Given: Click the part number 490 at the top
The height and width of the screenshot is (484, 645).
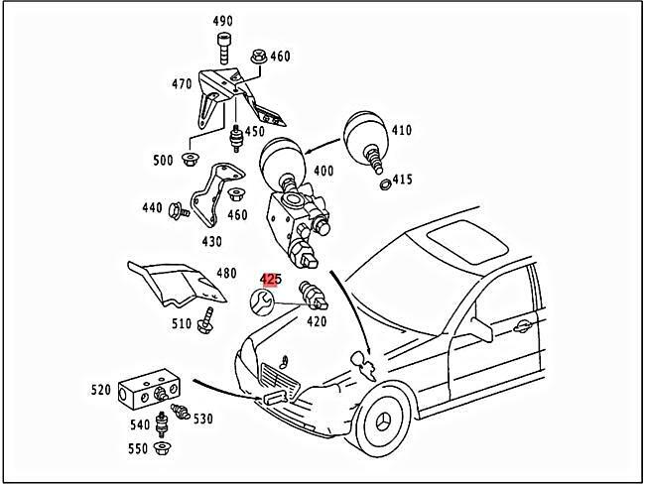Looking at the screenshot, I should pyautogui.click(x=222, y=22).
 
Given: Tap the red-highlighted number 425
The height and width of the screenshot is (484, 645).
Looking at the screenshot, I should pyautogui.click(x=271, y=280).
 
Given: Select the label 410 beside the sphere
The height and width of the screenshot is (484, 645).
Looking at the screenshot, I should pyautogui.click(x=401, y=129).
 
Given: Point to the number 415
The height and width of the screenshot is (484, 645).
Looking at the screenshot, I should pyautogui.click(x=401, y=180).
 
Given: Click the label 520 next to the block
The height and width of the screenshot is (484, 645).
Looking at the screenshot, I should pyautogui.click(x=101, y=390).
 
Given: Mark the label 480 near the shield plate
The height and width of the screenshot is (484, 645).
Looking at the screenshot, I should pyautogui.click(x=226, y=273).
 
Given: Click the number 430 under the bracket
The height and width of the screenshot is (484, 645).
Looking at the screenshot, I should pyautogui.click(x=212, y=241).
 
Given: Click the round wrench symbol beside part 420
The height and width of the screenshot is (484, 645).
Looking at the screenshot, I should pyautogui.click(x=263, y=302).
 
